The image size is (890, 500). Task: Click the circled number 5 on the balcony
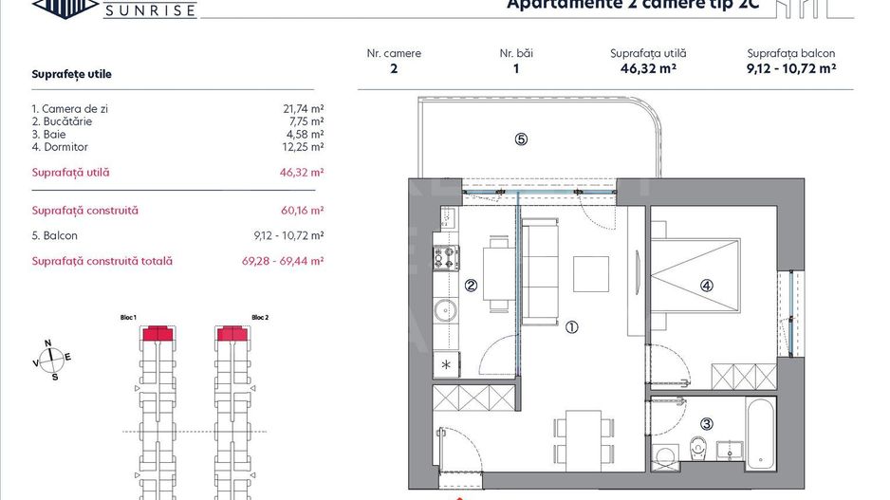click(521, 139)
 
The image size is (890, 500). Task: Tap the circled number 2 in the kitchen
click(470, 286)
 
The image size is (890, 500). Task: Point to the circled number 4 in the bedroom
click(707, 285)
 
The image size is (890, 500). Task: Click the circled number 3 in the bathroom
click(707, 424)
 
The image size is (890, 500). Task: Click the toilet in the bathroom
click(699, 446)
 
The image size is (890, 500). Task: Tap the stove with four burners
click(446, 257)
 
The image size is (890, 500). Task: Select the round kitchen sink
click(445, 310)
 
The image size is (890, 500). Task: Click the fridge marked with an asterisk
click(446, 364)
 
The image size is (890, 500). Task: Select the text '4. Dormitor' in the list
click(60, 147)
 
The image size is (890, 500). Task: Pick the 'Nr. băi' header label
click(516, 54)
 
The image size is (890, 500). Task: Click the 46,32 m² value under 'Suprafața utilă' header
click(648, 69)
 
